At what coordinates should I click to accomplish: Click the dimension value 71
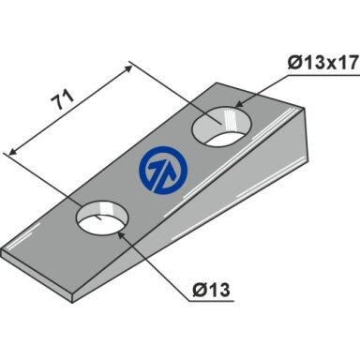pyautogui.click(x=63, y=99)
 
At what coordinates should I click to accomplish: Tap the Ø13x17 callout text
pyautogui.click(x=322, y=64)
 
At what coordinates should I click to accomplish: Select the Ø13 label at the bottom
pyautogui.click(x=211, y=290)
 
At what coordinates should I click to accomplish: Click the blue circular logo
pyautogui.click(x=163, y=171)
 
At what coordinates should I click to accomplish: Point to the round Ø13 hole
pyautogui.click(x=102, y=217)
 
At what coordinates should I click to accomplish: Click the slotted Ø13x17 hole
pyautogui.click(x=222, y=126)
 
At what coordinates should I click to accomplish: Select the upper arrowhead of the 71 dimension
pyautogui.click(x=127, y=68)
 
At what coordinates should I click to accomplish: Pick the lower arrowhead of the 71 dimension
pyautogui.click(x=12, y=151)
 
